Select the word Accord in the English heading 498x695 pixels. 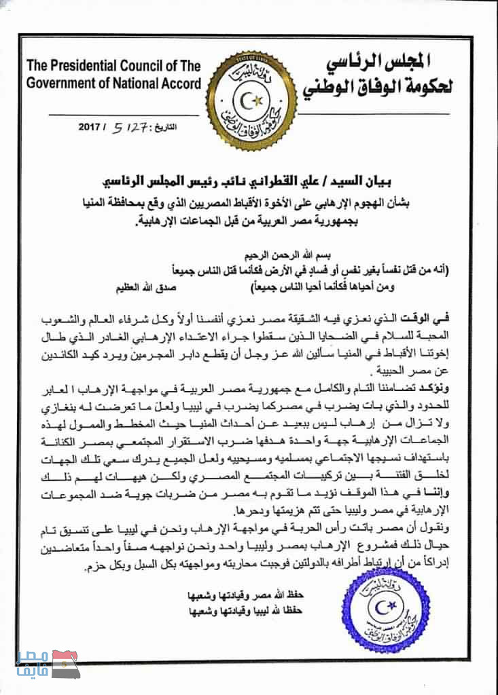pyautogui.click(x=181, y=84)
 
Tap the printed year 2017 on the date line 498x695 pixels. pyautogui.click(x=89, y=126)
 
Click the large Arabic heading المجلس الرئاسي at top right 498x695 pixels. pyautogui.click(x=380, y=65)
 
